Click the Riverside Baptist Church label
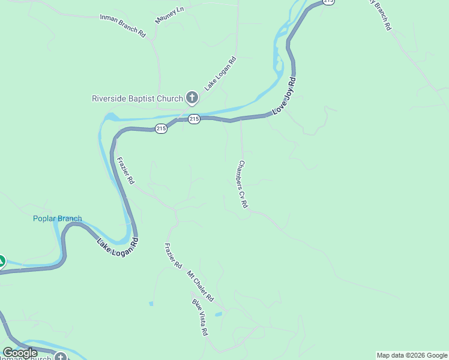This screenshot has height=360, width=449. tap(137, 98)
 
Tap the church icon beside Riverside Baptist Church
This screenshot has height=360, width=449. tap(192, 97)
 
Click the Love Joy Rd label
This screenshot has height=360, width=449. tap(284, 96)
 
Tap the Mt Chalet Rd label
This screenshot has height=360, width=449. tap(200, 286)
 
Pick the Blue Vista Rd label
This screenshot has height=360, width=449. tap(200, 317)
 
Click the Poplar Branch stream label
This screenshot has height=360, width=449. tap(57, 218)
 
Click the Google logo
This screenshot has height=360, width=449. tap(20, 353)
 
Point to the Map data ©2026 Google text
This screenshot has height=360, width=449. tap(412, 355)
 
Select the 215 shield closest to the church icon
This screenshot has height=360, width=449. tap(193, 119)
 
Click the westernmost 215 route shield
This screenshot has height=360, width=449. tap(161, 128)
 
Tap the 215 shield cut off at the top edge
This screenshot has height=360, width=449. tap(328, 2)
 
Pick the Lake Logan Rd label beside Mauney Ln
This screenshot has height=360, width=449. tap(220, 73)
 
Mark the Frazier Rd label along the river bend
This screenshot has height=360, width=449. tap(125, 170)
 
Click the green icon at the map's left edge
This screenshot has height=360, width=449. tap(2, 262)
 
